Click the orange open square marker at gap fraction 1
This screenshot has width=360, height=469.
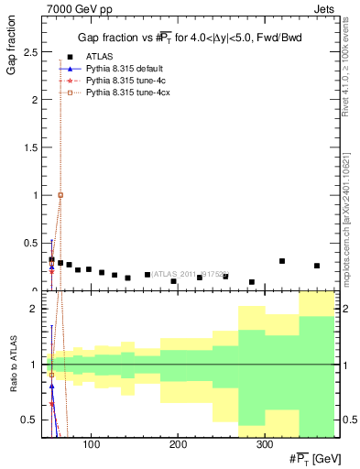60,195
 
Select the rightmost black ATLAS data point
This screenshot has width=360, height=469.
317,266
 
